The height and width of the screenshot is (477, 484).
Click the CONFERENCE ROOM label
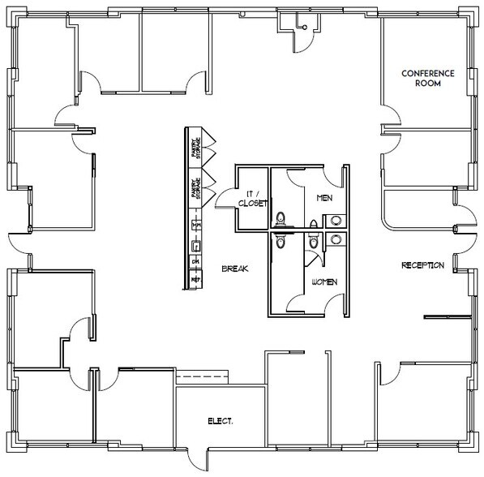pyautogui.click(x=428, y=78)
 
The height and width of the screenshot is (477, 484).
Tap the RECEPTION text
pyautogui.click(x=423, y=265)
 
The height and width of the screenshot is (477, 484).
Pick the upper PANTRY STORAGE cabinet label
pyautogui.click(x=195, y=146)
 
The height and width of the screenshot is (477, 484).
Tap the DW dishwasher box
pyautogui.click(x=195, y=261)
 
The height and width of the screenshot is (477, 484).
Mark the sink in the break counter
pyautogui.click(x=195, y=244)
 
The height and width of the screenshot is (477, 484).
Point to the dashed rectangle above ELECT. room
pyautogui.click(x=203, y=376)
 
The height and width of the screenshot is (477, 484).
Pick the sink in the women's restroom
pyautogui.click(x=334, y=238)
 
